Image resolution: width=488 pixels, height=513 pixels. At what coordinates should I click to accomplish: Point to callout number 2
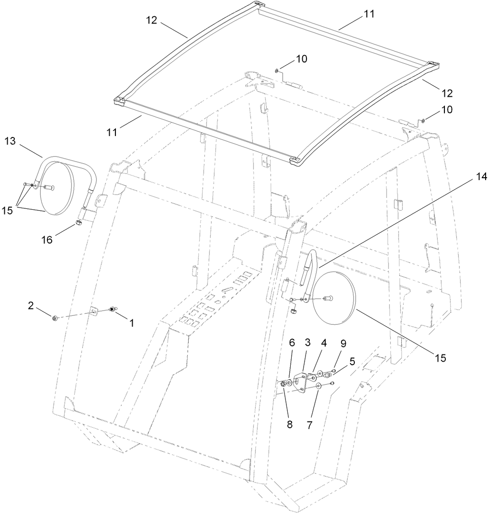point(31,306)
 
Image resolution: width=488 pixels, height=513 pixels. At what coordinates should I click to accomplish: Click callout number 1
point(129,323)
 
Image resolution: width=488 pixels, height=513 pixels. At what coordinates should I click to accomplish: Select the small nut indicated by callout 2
point(56,318)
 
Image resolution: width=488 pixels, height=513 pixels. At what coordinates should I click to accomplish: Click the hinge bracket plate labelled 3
point(301,381)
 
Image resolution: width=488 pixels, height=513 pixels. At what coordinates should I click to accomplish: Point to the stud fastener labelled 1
point(113,310)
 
